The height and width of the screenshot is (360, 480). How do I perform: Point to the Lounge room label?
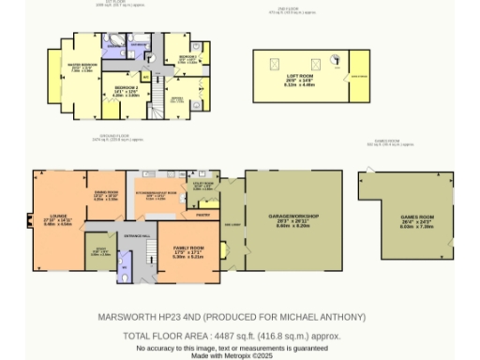(57, 220)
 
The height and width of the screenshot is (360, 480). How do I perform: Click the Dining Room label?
(105, 196)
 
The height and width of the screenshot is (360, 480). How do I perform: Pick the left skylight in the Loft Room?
(275, 63)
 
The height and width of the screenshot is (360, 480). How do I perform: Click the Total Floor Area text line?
(232, 336)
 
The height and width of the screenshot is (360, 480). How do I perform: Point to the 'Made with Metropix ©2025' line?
(232, 355)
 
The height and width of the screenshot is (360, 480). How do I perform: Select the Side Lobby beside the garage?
(232, 225)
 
